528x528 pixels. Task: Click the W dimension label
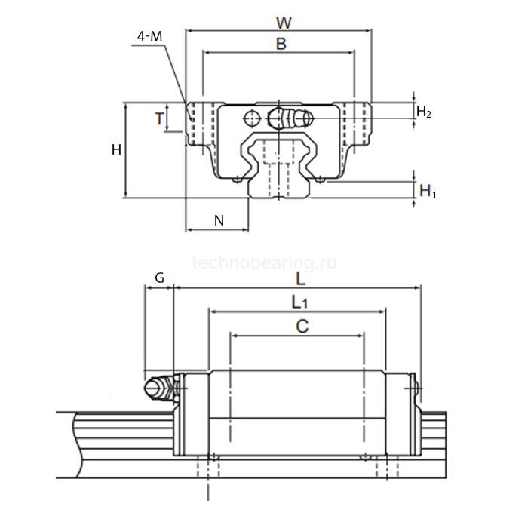tap(284, 23)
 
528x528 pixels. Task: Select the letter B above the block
tap(281, 44)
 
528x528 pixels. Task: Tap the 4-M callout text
tap(150, 36)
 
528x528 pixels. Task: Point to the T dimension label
tap(159, 118)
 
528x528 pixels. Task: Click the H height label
tap(116, 149)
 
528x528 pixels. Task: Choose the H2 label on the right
tap(424, 112)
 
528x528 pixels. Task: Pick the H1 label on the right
tap(428, 192)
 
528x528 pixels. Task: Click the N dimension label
tap(219, 220)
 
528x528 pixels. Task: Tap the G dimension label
tap(159, 278)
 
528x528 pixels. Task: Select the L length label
tap(300, 278)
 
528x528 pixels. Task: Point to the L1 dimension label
tap(299, 302)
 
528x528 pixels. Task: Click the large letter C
tap(302, 327)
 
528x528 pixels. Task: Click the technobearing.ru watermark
tap(264, 262)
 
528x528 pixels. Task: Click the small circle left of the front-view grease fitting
tap(252, 118)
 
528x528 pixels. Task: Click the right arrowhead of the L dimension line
tap(418, 288)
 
